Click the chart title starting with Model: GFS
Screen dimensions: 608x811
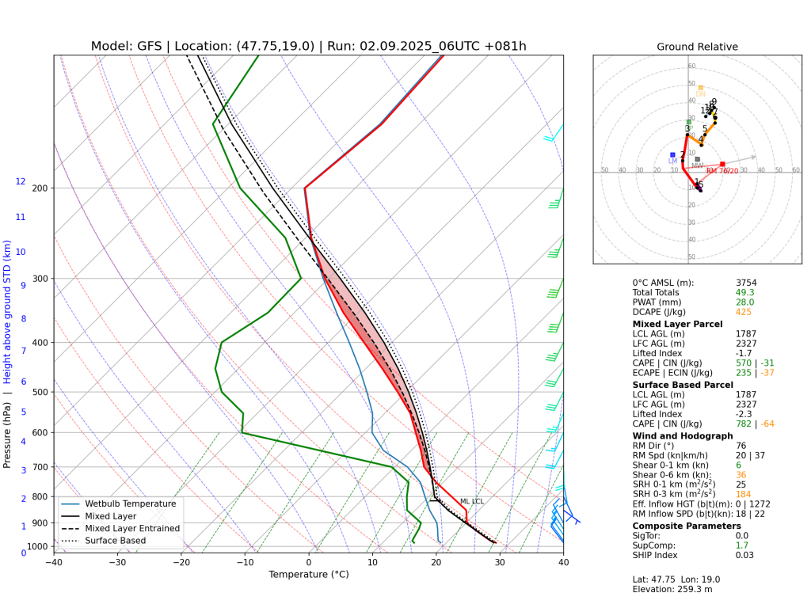308,46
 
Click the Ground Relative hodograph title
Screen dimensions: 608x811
697,47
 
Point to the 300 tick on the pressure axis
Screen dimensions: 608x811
40,279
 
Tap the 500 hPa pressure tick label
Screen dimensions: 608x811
40,392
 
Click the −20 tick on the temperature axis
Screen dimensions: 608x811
181,563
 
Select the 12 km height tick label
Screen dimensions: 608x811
21,181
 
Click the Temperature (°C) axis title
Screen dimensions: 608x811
308,575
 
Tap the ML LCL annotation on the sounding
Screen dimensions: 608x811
471,501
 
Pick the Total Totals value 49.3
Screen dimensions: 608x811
744,292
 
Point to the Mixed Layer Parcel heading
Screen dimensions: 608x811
677,324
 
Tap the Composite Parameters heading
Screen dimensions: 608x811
687,526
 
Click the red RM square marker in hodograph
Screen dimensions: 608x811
722,164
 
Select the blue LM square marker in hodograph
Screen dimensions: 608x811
672,154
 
